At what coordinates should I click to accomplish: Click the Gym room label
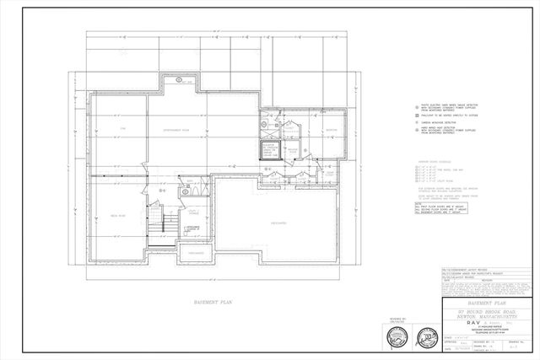coord(121,128)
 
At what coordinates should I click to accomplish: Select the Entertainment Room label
coord(178,128)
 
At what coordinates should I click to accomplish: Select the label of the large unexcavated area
coord(278,223)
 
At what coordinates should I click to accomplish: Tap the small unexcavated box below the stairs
coord(193,253)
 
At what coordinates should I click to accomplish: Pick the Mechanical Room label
coord(290,152)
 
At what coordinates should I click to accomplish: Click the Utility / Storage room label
coord(193,212)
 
